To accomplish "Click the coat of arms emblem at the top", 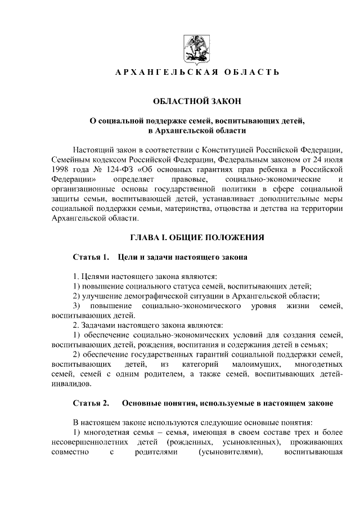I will click(x=196, y=49).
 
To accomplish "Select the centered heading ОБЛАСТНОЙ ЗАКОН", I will click(x=197, y=101).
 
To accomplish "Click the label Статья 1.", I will click(x=90, y=258).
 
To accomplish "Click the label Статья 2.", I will click(x=91, y=403).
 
